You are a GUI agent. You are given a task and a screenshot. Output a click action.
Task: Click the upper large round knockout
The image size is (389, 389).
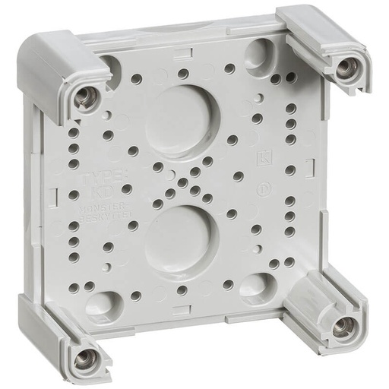click(182, 110)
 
